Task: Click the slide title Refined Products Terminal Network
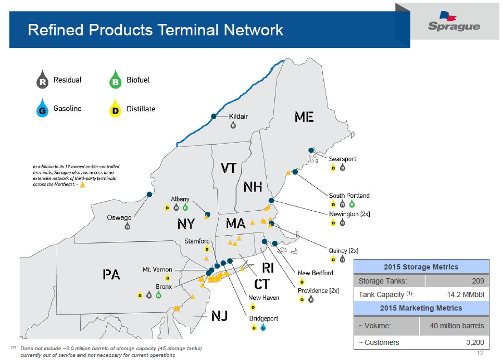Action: coord(155,30)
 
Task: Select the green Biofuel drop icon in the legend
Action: coord(116,81)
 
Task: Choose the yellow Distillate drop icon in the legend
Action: coord(116,109)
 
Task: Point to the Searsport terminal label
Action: coord(342,159)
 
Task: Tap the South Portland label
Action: coord(349,196)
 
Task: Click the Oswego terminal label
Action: coord(119,217)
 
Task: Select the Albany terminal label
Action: coord(180,199)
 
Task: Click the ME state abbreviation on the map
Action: coord(304,117)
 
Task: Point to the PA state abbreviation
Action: coord(111,275)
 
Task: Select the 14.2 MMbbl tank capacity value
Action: coord(465,295)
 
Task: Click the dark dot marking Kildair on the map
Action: coord(214,116)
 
